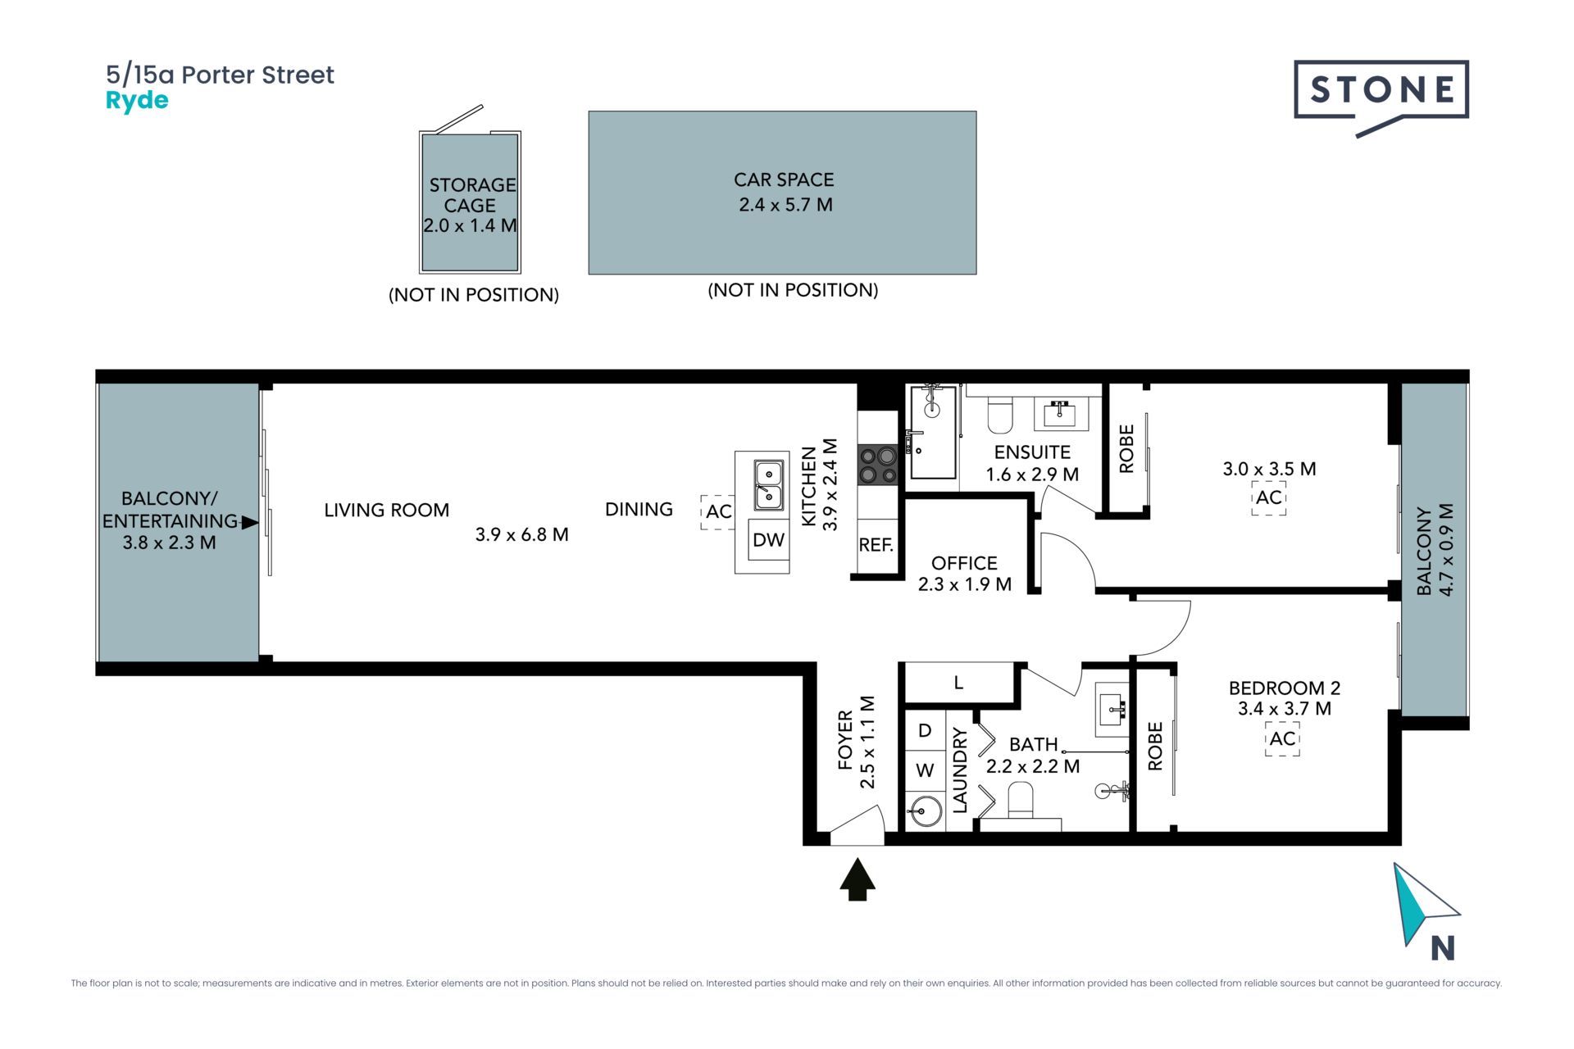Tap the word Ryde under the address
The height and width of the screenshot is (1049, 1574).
click(x=137, y=101)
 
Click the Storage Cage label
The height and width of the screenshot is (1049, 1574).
click(x=471, y=195)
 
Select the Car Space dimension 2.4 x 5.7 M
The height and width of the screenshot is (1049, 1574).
click(x=785, y=205)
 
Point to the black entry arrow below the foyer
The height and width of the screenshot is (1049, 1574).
click(x=858, y=879)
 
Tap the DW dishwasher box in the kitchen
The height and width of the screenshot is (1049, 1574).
click(x=769, y=540)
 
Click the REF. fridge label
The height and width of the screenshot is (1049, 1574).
click(x=876, y=545)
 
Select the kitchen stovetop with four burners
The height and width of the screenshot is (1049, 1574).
click(x=877, y=465)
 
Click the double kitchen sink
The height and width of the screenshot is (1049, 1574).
click(x=768, y=484)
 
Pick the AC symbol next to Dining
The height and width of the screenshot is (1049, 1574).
click(x=718, y=511)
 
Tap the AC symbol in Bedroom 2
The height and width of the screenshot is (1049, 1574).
click(x=1282, y=738)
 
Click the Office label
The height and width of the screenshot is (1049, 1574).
click(x=964, y=563)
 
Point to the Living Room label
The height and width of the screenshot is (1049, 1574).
click(x=386, y=511)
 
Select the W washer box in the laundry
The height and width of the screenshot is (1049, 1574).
click(x=926, y=770)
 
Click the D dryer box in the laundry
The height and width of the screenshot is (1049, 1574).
click(x=926, y=730)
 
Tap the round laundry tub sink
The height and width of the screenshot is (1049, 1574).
click(x=926, y=812)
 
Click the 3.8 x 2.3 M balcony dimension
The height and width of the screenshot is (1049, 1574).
click(x=170, y=543)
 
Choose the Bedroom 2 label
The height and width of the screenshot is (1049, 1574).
click(x=1285, y=688)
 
